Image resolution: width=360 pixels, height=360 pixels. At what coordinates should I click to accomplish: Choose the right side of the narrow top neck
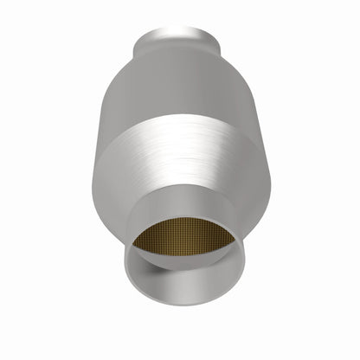216,40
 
